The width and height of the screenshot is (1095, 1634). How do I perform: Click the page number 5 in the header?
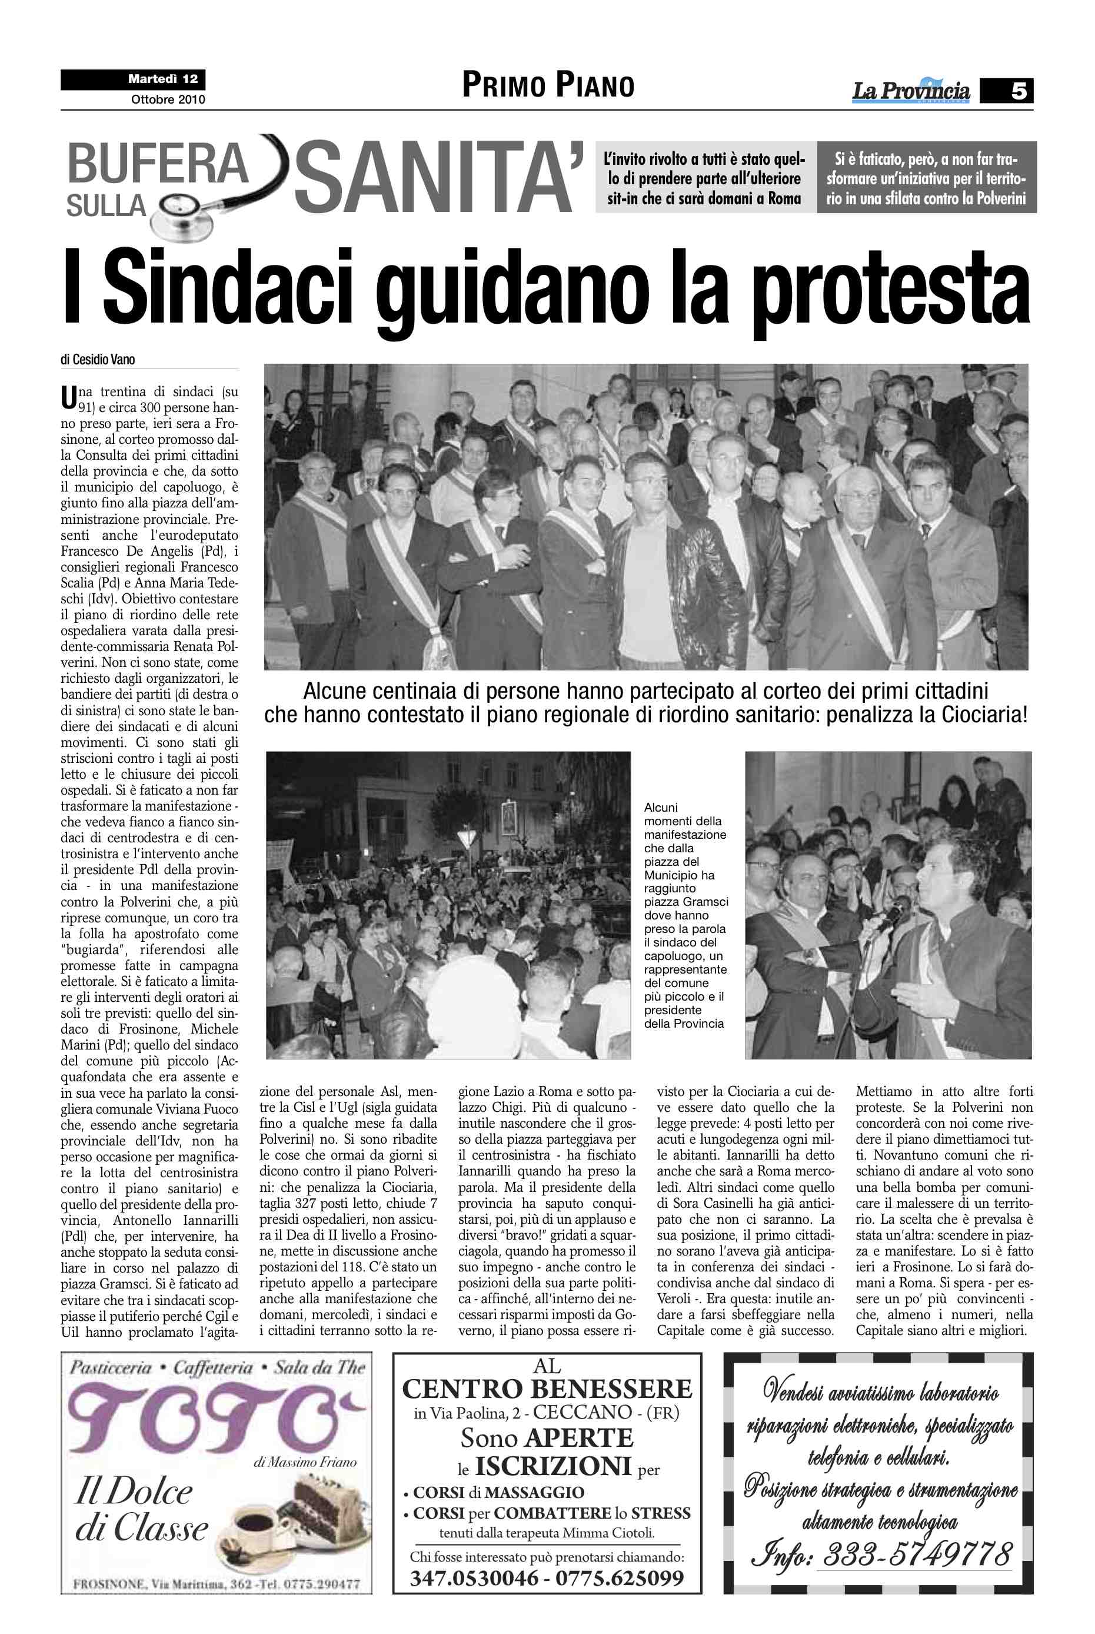click(x=1018, y=91)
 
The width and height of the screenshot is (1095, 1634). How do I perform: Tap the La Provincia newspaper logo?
click(x=911, y=91)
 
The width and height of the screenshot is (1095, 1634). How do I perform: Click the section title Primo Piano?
click(x=548, y=86)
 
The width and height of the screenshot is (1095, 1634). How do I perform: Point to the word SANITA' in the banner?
click(x=438, y=177)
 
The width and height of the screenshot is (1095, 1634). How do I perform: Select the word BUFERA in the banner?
click(x=158, y=164)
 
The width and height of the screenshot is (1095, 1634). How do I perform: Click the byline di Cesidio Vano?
click(x=98, y=360)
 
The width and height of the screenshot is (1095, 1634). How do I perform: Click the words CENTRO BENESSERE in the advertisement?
click(x=547, y=1388)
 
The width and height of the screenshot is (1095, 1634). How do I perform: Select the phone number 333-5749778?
click(x=916, y=1555)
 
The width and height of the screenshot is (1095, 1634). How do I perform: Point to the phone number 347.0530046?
click(x=474, y=1578)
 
